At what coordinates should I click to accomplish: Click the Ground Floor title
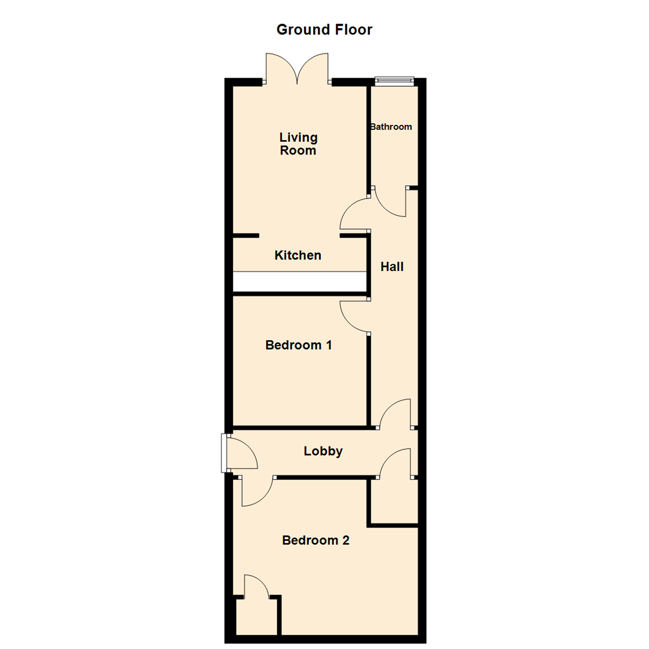[324, 29]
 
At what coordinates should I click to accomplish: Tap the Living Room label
[298, 144]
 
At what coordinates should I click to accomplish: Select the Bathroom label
[391, 127]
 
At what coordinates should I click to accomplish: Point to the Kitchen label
[297, 255]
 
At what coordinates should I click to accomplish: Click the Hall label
[392, 267]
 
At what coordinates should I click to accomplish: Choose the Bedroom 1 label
[299, 346]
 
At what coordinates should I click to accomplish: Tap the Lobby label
[323, 451]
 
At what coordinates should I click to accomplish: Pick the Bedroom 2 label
[315, 540]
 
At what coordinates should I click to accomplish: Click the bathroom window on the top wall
[395, 80]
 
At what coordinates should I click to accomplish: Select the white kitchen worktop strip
[299, 281]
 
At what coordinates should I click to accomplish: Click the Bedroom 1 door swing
[353, 317]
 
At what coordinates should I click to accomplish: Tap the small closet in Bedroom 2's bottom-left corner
[256, 615]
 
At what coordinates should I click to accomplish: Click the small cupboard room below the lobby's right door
[394, 501]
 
